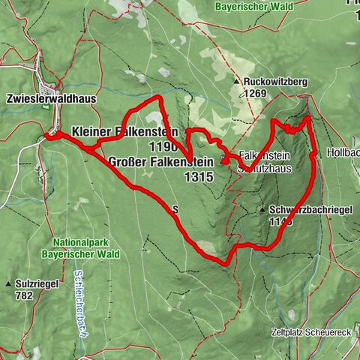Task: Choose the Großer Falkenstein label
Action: pyautogui.click(x=160, y=161)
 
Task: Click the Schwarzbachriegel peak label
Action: pyautogui.click(x=299, y=211)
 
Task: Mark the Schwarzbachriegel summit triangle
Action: pyautogui.click(x=262, y=211)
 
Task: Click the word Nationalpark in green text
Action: pyautogui.click(x=82, y=242)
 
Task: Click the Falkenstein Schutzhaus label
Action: pyautogui.click(x=263, y=160)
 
